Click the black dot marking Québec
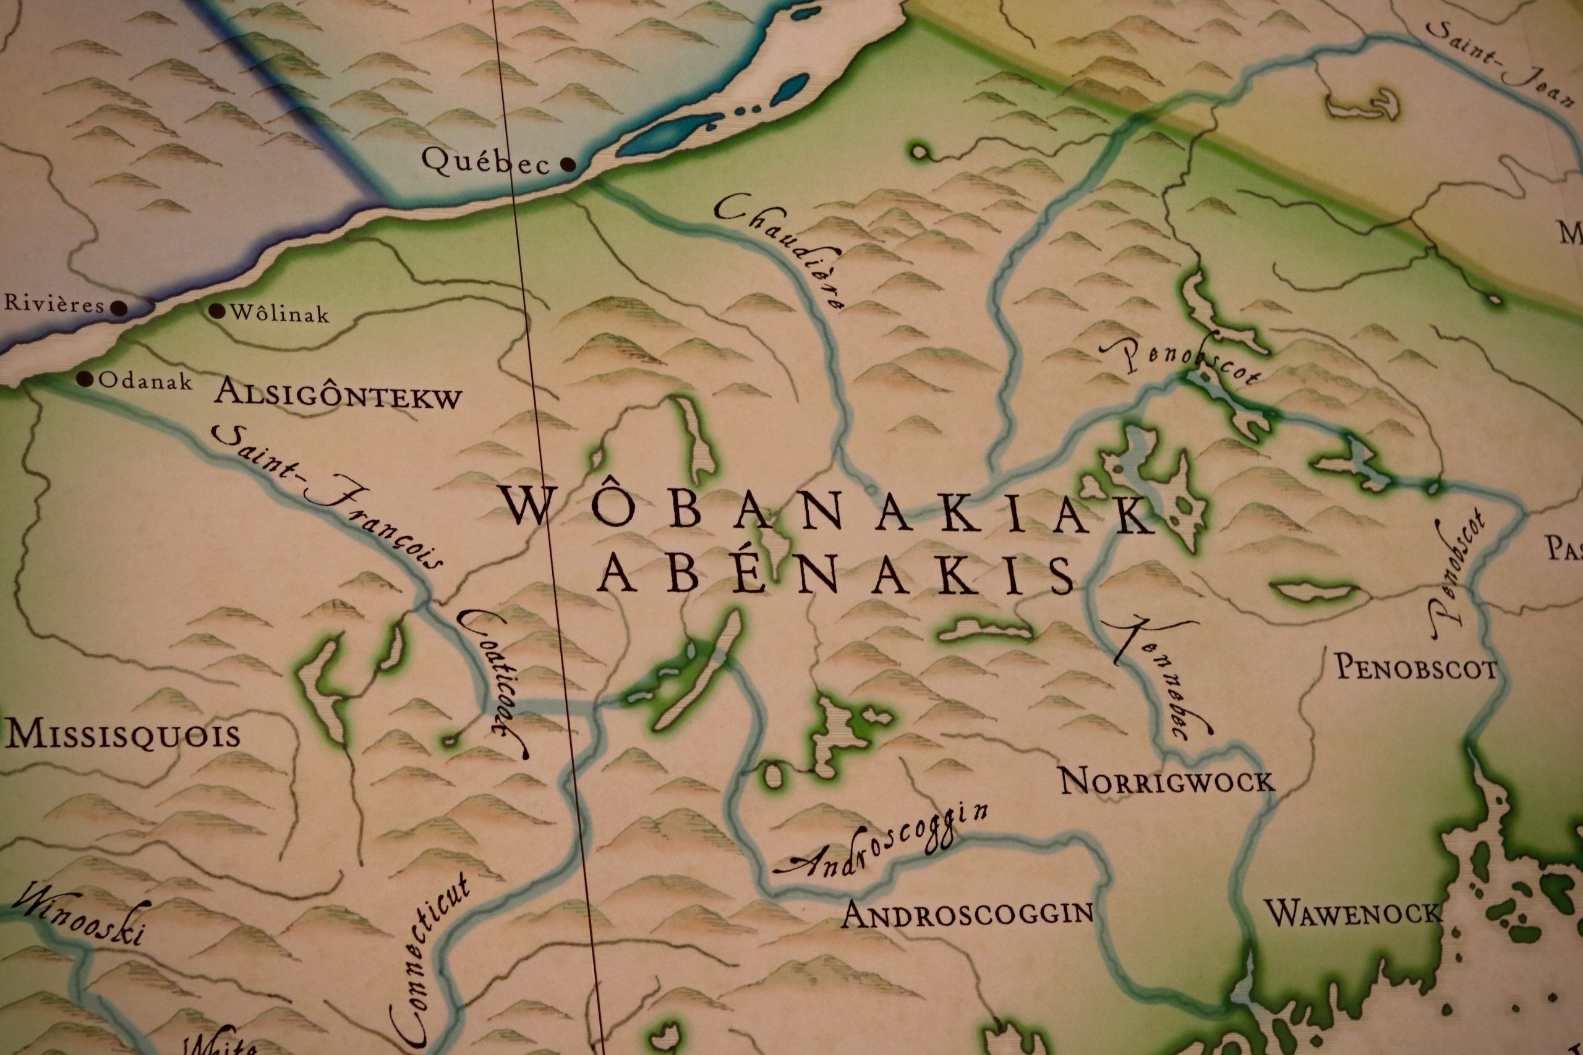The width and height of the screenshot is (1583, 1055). tap(568, 164)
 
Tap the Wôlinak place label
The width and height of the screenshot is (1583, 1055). tap(279, 313)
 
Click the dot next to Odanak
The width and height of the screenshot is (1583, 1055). tap(84, 379)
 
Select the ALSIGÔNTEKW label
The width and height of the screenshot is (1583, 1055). tap(338, 394)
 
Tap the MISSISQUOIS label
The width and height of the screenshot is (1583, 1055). tap(122, 735)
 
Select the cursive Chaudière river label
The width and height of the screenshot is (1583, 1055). tap(781, 252)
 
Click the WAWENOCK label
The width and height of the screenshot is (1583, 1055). tap(1354, 913)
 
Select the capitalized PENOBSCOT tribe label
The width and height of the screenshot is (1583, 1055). tap(1416, 668)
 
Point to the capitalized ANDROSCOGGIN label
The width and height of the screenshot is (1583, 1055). tap(967, 913)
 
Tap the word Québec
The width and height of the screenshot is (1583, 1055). tap(486, 161)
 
